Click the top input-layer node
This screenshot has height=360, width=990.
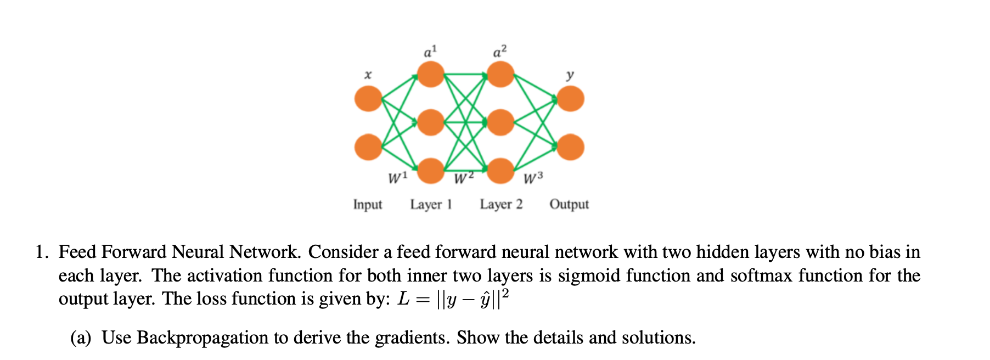point(368,99)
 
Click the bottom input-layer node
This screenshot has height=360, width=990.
point(368,147)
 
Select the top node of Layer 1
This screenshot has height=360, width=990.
point(431,74)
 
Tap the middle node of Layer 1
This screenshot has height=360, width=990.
point(431,122)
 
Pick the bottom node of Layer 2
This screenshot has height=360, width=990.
point(500,171)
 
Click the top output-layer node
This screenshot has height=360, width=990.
point(571,99)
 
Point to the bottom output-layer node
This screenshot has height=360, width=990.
point(571,147)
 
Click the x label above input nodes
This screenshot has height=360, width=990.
point(368,74)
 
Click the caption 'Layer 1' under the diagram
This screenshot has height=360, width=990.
point(431,204)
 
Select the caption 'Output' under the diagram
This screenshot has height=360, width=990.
point(569,204)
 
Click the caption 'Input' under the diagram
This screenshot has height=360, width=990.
point(367,204)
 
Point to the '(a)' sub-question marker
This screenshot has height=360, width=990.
point(81,337)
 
